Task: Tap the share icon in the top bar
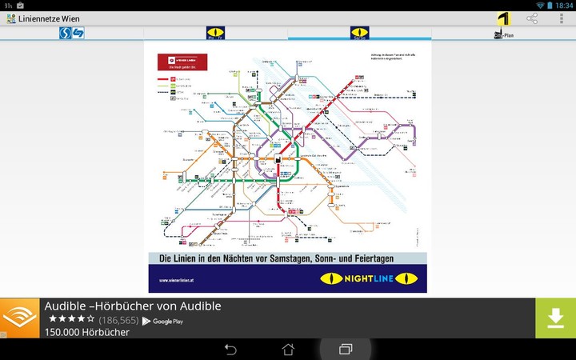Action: click(x=532, y=18)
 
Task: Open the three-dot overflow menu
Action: click(x=562, y=18)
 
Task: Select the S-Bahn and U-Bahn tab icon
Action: click(x=72, y=33)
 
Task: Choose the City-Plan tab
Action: click(x=503, y=34)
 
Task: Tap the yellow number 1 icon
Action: click(x=503, y=18)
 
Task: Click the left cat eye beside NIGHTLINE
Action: click(x=331, y=278)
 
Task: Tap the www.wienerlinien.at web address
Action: click(x=176, y=280)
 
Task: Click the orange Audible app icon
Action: click(x=20, y=318)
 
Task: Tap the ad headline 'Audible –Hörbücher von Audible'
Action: click(x=133, y=306)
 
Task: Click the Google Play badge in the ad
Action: click(x=163, y=321)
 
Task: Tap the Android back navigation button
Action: click(x=230, y=350)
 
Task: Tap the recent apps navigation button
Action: click(x=346, y=350)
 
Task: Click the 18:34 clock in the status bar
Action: click(x=563, y=5)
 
